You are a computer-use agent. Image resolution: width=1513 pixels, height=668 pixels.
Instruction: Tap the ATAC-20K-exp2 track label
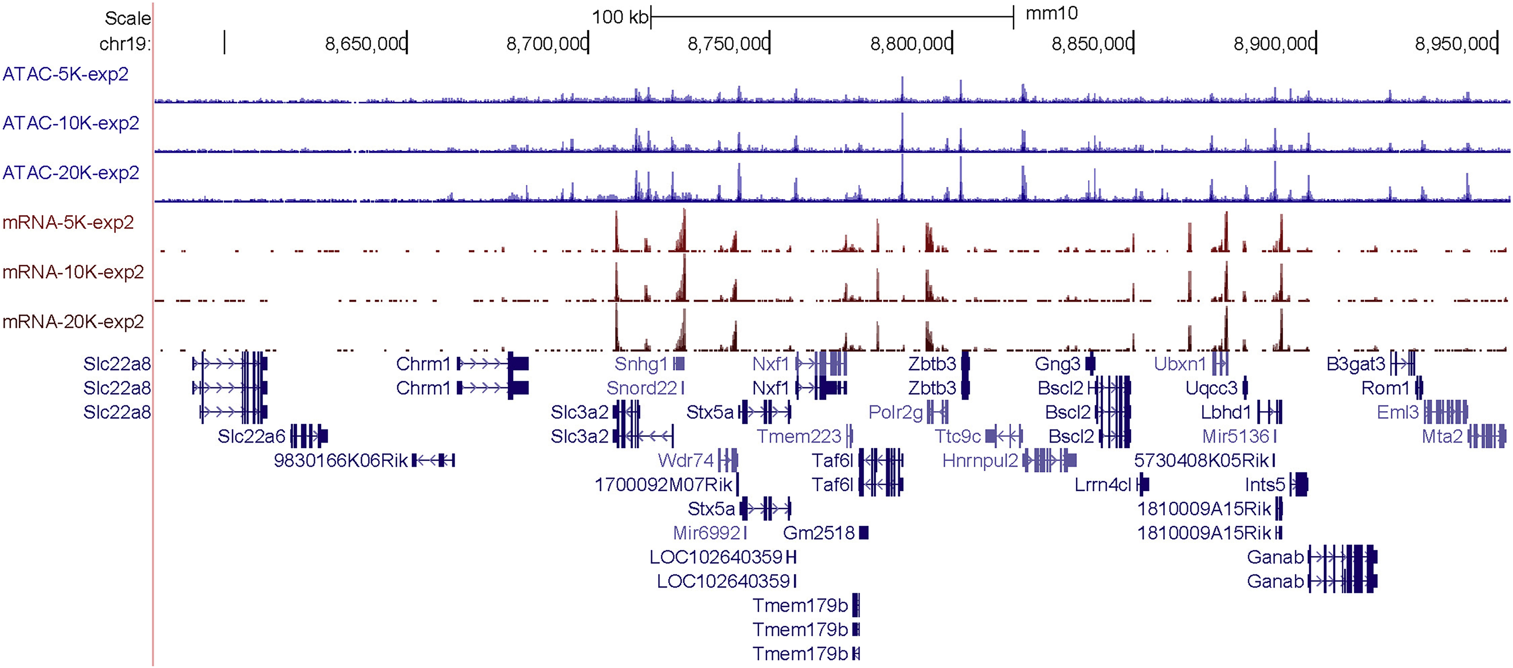point(70,173)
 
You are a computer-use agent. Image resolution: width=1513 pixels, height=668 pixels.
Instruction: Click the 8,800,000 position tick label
point(910,44)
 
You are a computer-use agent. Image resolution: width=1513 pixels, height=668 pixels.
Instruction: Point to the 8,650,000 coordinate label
point(366,44)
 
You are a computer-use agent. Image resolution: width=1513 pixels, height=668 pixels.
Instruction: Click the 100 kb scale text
point(620,17)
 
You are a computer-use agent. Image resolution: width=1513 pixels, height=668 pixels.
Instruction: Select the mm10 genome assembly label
point(1051,13)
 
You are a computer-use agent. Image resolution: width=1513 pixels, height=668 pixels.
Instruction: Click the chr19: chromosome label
point(124,44)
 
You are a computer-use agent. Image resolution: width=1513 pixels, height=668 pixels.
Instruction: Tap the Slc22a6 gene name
point(251,436)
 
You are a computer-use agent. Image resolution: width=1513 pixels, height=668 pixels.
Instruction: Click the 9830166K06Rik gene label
point(341,461)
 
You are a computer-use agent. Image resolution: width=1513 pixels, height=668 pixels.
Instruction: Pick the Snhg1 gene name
point(641,364)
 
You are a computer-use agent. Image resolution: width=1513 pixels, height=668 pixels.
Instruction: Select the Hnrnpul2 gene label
point(980,461)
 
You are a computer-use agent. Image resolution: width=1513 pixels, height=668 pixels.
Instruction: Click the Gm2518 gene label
point(819,533)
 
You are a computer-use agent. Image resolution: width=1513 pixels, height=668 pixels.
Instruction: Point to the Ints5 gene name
point(1265,485)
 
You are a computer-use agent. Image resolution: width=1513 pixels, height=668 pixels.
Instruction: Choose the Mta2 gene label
point(1442,436)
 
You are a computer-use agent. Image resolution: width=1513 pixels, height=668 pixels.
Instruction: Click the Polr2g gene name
point(896,412)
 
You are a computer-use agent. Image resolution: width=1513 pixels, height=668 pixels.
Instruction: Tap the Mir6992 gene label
point(707,533)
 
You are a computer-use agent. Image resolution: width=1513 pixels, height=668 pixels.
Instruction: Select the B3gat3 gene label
point(1355,364)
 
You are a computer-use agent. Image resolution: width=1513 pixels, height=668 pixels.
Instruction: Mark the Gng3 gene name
point(1057,364)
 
